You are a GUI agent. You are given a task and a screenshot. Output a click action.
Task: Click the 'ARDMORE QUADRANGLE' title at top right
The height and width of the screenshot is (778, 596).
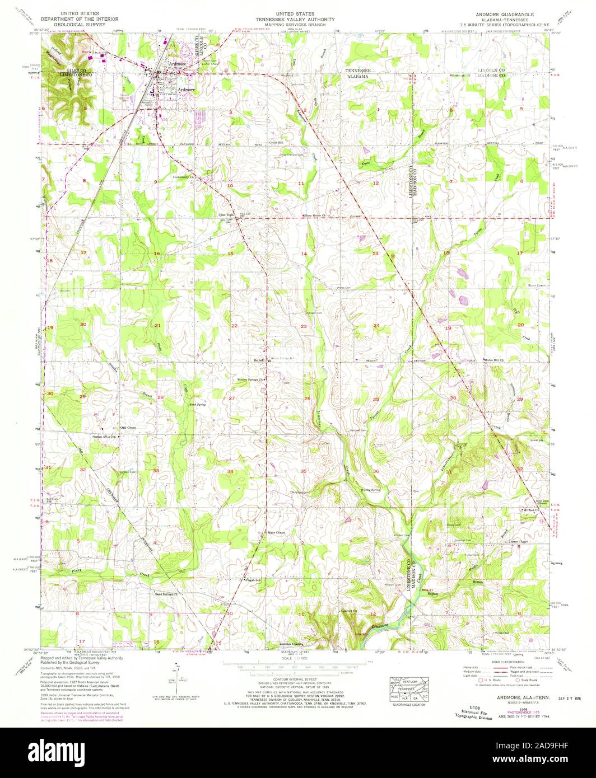coord(506,13)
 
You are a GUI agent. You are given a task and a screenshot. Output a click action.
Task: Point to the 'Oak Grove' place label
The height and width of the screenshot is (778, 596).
coord(128,428)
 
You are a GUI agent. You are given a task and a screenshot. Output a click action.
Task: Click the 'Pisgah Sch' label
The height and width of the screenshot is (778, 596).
coord(254,580)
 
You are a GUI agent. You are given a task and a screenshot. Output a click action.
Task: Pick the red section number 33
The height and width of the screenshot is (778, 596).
coord(156,471)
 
